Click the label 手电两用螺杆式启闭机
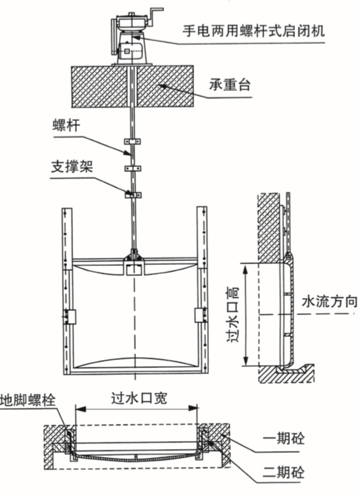[254, 31]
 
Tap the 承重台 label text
[230, 85]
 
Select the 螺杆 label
[66, 125]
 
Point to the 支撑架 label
[72, 166]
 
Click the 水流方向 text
[329, 302]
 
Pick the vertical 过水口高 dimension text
[233, 314]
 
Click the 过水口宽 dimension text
[139, 398]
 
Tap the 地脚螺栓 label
[28, 400]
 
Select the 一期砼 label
[284, 439]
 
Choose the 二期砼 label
[284, 472]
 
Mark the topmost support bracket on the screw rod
[133, 141]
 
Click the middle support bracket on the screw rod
[133, 168]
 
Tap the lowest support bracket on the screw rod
[133, 195]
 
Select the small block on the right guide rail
[201, 316]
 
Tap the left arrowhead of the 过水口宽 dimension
[80, 409]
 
